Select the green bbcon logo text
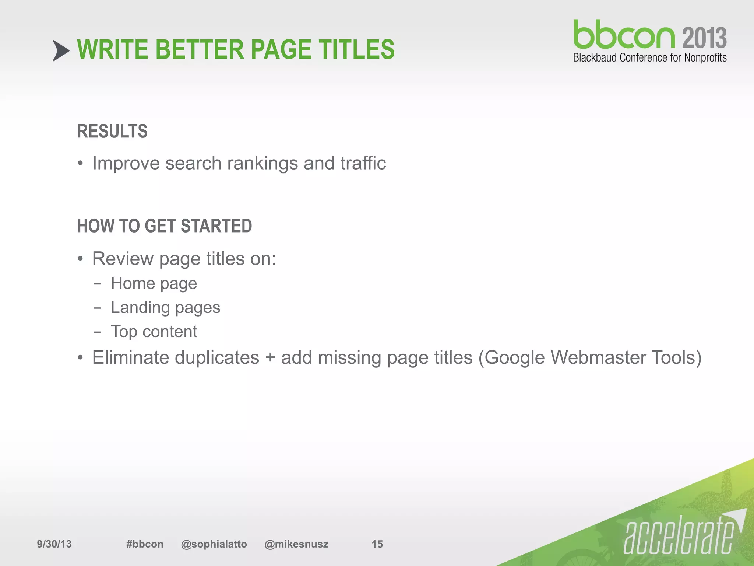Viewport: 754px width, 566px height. point(624,35)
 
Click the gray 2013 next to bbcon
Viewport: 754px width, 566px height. point(704,38)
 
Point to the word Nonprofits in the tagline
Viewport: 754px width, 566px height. point(705,58)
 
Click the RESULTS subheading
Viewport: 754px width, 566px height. point(112,132)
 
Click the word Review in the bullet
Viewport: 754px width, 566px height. point(123,259)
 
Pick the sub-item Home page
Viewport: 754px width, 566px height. point(154,284)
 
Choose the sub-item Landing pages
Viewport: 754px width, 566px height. point(165,308)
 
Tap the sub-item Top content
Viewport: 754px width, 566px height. point(154,332)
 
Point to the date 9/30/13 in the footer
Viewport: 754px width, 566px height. point(54,544)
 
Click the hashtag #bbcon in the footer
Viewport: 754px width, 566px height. point(145,544)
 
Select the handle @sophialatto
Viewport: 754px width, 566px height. point(214,544)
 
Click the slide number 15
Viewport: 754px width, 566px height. point(377,544)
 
